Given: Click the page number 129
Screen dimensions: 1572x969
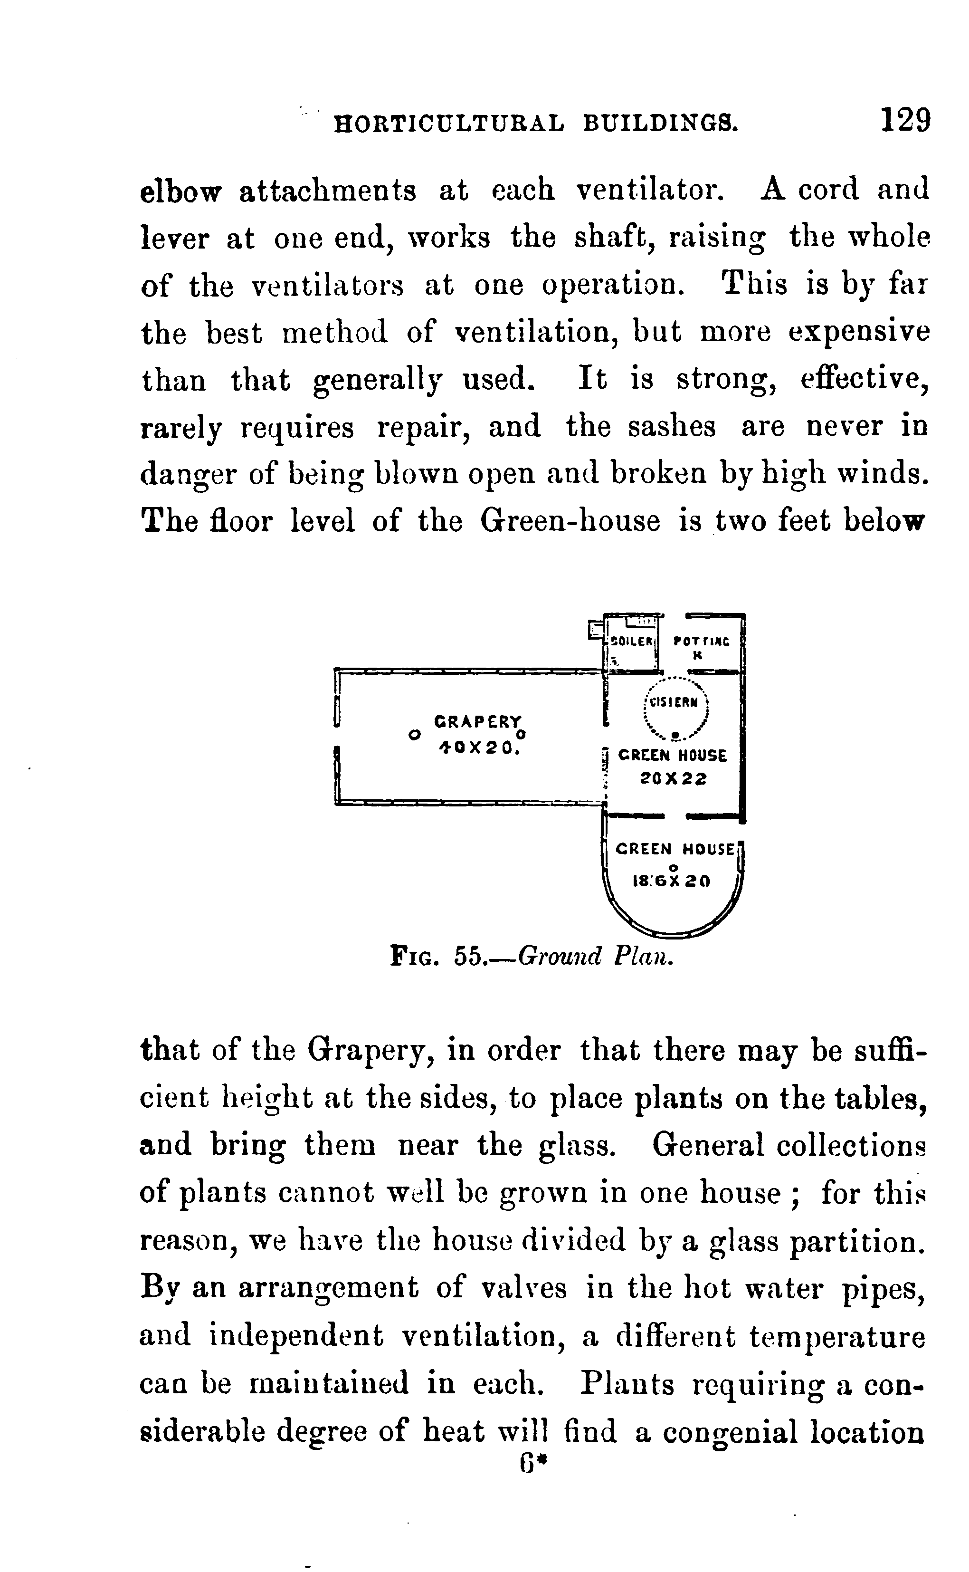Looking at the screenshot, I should pyautogui.click(x=905, y=120).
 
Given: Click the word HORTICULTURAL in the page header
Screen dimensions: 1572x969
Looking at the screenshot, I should pyautogui.click(x=450, y=123).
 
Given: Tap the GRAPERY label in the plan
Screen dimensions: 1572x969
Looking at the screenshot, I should pyautogui.click(x=477, y=721).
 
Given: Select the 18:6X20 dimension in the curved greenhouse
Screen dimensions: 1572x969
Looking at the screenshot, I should pyautogui.click(x=672, y=882).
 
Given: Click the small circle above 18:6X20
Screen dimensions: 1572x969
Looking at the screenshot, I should pyautogui.click(x=672, y=867).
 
